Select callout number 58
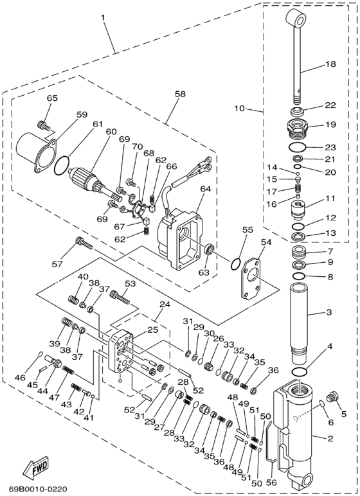180,94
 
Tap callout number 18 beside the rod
331,64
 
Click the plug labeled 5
332,396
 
